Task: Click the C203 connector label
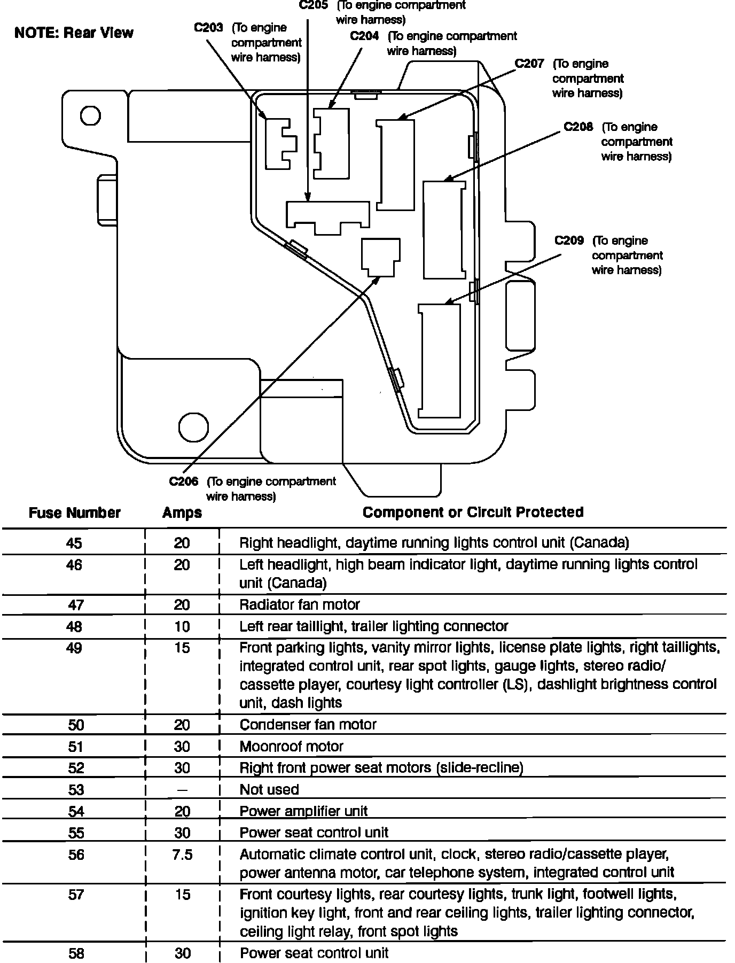(208, 28)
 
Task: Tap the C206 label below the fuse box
(184, 481)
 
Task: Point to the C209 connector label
(569, 240)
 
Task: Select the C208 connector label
(578, 127)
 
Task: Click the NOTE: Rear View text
(74, 33)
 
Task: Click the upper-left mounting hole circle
(90, 115)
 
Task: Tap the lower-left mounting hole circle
(192, 426)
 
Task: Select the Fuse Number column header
(75, 513)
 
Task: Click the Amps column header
(182, 513)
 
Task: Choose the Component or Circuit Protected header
(473, 512)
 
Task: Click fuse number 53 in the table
(76, 789)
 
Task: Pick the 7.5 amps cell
(182, 855)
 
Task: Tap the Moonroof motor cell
(291, 747)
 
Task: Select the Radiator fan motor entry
(300, 604)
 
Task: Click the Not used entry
(269, 789)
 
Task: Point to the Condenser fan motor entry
(308, 725)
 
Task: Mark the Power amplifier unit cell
(303, 811)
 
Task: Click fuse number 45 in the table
(74, 543)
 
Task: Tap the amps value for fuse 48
(182, 626)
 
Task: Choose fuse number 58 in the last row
(76, 953)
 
